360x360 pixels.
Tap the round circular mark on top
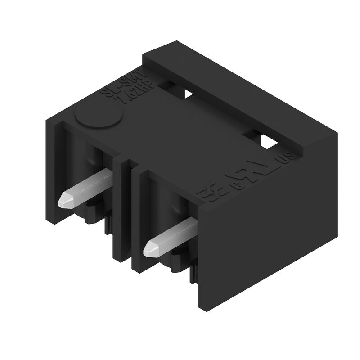[98, 117]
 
